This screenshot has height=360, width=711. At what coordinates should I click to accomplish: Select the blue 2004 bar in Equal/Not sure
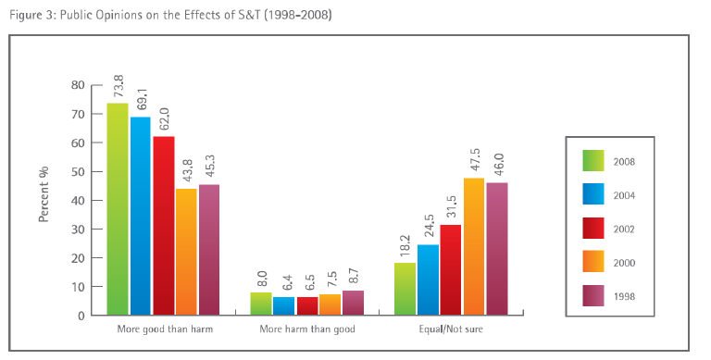click(428, 279)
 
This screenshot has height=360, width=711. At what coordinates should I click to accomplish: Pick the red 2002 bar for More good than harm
click(163, 226)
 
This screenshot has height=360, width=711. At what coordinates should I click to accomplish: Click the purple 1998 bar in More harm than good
click(354, 303)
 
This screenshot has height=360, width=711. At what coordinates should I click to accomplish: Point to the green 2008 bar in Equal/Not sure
click(405, 289)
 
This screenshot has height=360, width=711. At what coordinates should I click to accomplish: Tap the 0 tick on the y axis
click(81, 316)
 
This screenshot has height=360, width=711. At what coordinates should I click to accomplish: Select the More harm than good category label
click(307, 329)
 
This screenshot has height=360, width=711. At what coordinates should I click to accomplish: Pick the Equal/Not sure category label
click(451, 329)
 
